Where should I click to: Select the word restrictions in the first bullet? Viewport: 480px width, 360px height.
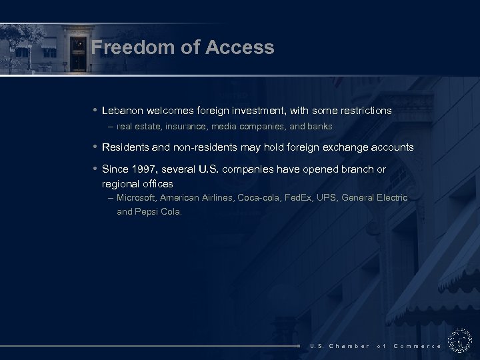[365, 111]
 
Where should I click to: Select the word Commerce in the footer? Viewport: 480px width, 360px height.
[417, 346]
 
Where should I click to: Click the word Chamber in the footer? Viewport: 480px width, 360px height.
[349, 346]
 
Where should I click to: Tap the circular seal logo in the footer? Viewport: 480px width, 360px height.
[460, 340]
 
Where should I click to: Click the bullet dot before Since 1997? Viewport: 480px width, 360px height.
[95, 169]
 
